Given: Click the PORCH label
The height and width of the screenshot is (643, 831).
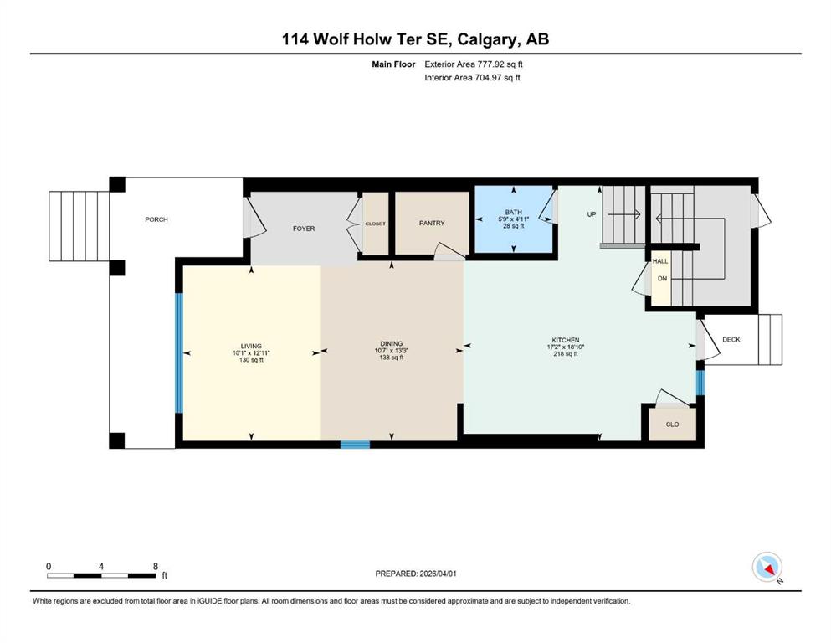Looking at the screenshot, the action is (x=156, y=219).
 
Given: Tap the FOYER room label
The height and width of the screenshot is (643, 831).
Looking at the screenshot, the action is (x=304, y=229).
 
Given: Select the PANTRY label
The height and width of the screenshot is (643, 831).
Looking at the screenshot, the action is (x=432, y=224).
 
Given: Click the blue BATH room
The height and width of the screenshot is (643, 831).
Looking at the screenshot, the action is (x=513, y=219).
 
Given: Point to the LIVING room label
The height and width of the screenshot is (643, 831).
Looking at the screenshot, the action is (x=251, y=346).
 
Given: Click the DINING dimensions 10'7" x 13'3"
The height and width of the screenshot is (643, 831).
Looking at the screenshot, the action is (x=392, y=351).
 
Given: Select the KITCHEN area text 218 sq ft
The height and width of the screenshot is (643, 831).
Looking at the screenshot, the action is (x=566, y=353).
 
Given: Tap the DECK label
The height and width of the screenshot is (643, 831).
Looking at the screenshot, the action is (x=731, y=339).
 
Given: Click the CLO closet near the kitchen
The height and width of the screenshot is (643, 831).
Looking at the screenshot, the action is (x=673, y=424).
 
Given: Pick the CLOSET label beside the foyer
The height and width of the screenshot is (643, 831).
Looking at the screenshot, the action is (x=375, y=224).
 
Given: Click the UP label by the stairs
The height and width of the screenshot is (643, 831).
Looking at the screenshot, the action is (x=592, y=214).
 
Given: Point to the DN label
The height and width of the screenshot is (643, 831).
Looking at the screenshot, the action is (x=662, y=278).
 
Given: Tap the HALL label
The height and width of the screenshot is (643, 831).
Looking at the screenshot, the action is (x=660, y=261).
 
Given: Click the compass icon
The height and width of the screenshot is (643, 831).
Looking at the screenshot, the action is (x=767, y=567).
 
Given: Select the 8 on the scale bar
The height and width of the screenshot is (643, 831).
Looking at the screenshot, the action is (x=156, y=566).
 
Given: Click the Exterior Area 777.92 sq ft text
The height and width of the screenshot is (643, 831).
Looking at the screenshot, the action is (x=474, y=64).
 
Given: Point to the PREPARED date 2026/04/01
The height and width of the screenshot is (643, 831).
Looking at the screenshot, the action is (x=439, y=574).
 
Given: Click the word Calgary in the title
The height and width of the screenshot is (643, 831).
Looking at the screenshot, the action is (x=488, y=39).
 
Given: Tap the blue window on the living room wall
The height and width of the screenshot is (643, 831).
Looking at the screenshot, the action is (x=179, y=352).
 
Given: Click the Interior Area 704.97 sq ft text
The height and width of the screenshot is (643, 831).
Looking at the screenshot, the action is (x=472, y=77).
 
